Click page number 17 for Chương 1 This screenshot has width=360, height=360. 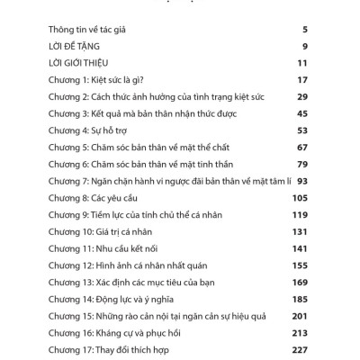[x=302, y=81]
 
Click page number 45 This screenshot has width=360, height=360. [x=302, y=115]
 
